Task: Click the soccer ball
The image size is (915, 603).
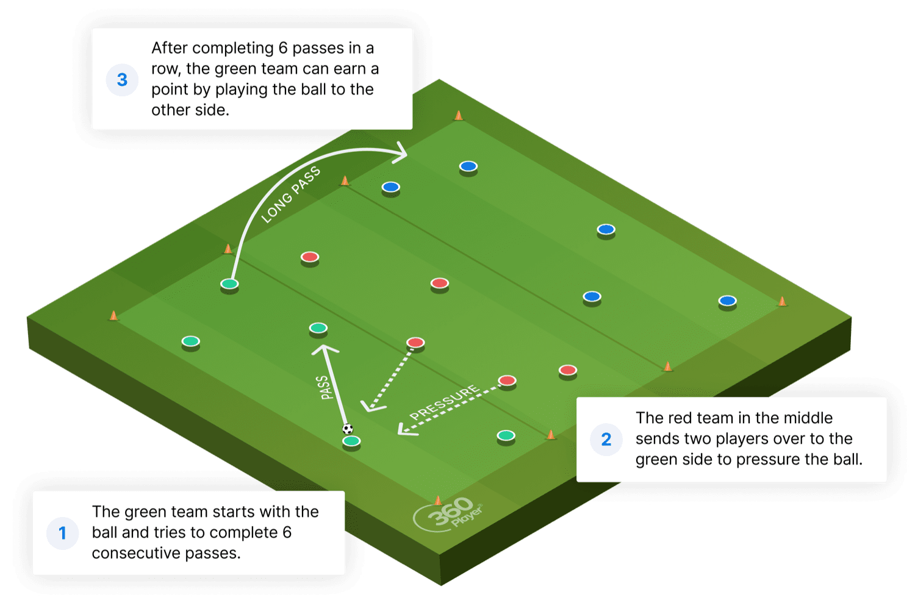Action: point(348,429)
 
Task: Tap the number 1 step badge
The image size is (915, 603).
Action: point(62,533)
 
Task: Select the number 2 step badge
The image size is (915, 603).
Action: point(606,439)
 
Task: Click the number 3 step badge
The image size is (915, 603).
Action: point(122,80)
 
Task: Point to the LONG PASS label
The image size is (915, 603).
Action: point(290,194)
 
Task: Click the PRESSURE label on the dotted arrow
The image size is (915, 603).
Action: point(445,402)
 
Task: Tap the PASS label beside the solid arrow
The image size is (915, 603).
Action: point(325,387)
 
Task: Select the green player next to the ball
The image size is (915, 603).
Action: point(351,442)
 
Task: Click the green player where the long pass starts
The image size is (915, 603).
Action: point(229,285)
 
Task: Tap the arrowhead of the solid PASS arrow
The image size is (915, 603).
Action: point(325,349)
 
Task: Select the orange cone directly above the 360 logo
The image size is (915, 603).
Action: point(438,501)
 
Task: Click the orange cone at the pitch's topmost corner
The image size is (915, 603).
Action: point(459,115)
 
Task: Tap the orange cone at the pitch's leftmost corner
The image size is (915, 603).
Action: point(113,315)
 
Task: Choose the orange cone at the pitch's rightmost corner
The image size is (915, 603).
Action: point(782,301)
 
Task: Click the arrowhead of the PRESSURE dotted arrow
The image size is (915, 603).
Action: point(404,429)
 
